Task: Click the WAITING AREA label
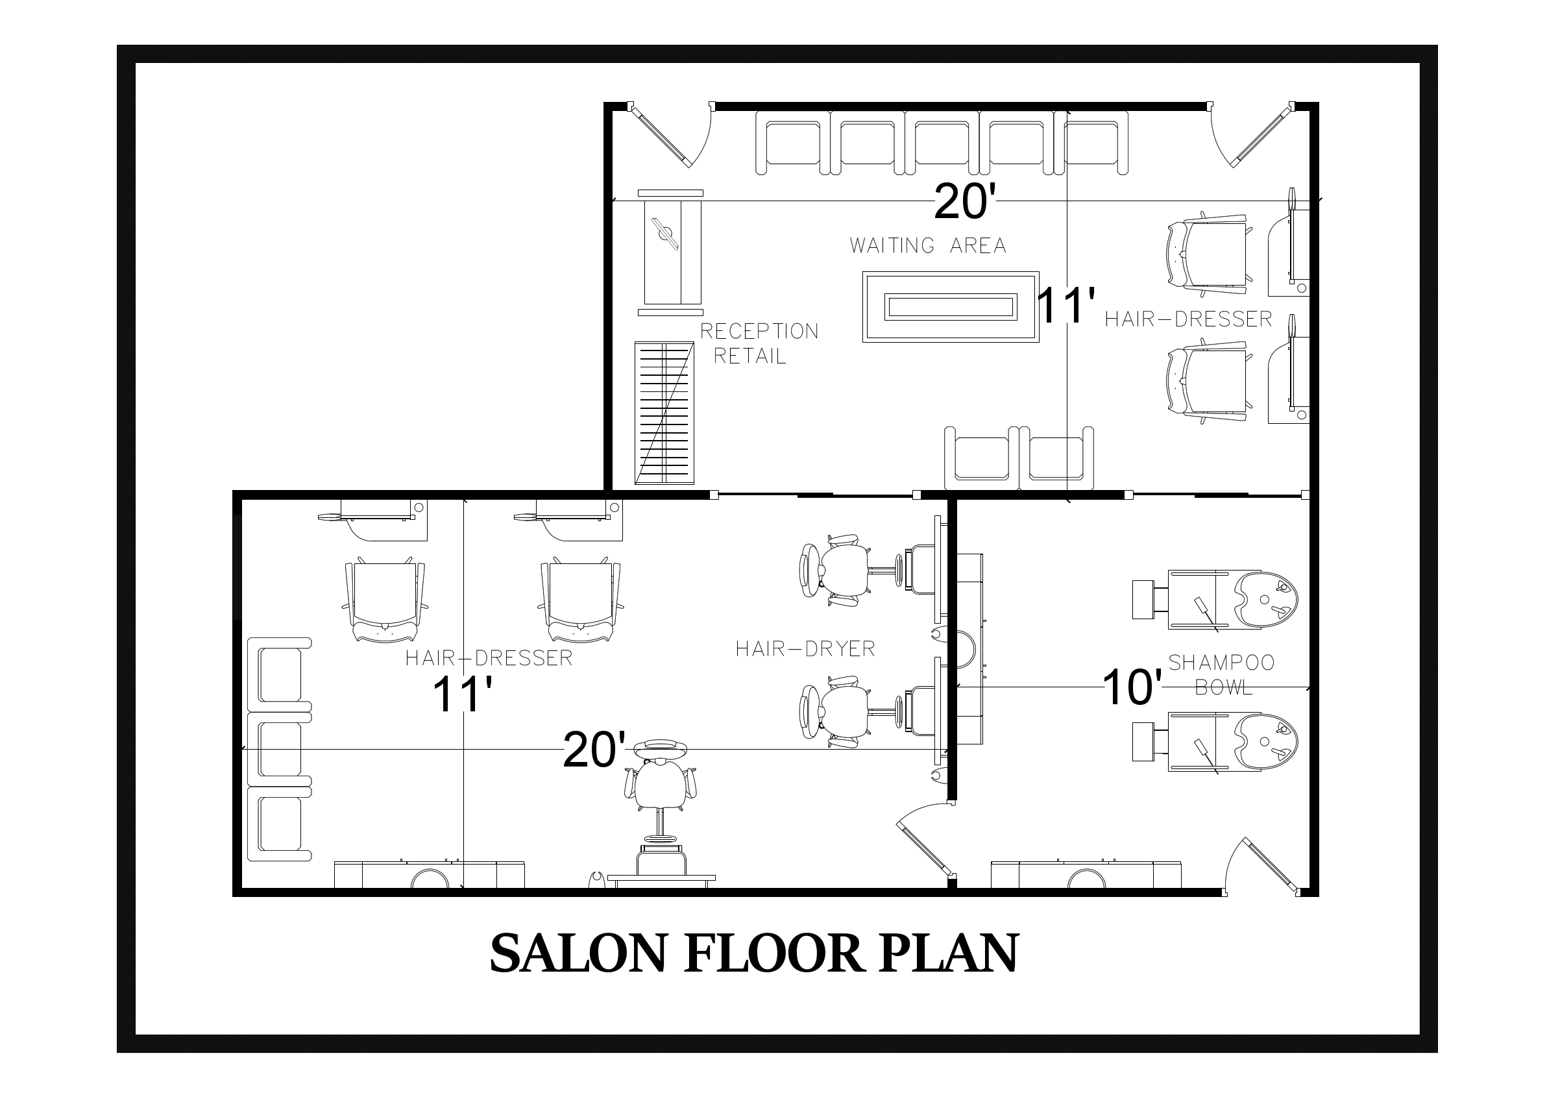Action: point(928,245)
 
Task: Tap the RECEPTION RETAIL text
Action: point(759,343)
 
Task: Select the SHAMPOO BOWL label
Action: point(1221,674)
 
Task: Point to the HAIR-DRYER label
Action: point(805,649)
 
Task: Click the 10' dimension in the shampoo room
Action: point(1132,688)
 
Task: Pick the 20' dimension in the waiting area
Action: point(964,201)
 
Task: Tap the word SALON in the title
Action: point(580,953)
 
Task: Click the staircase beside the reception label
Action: point(664,413)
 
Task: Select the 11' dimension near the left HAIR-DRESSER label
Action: point(462,694)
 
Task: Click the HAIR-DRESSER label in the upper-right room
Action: point(1189,319)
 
